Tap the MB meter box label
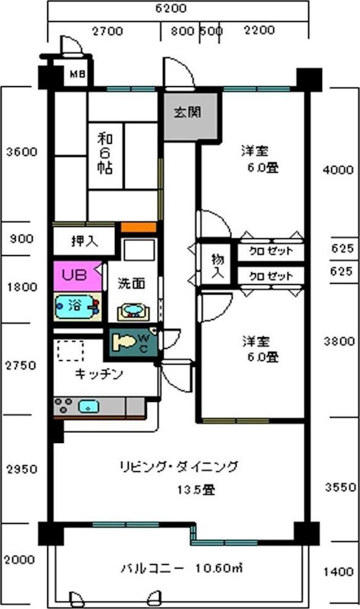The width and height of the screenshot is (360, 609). click(x=77, y=75)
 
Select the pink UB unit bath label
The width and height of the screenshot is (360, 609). click(x=73, y=273)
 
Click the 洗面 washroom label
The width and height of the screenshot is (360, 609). click(x=132, y=282)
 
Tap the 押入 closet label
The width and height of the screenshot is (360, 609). click(x=84, y=241)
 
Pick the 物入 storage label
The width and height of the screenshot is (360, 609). click(x=217, y=263)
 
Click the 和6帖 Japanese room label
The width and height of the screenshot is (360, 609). click(x=105, y=152)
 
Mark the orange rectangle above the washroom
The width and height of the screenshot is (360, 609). click(x=139, y=228)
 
